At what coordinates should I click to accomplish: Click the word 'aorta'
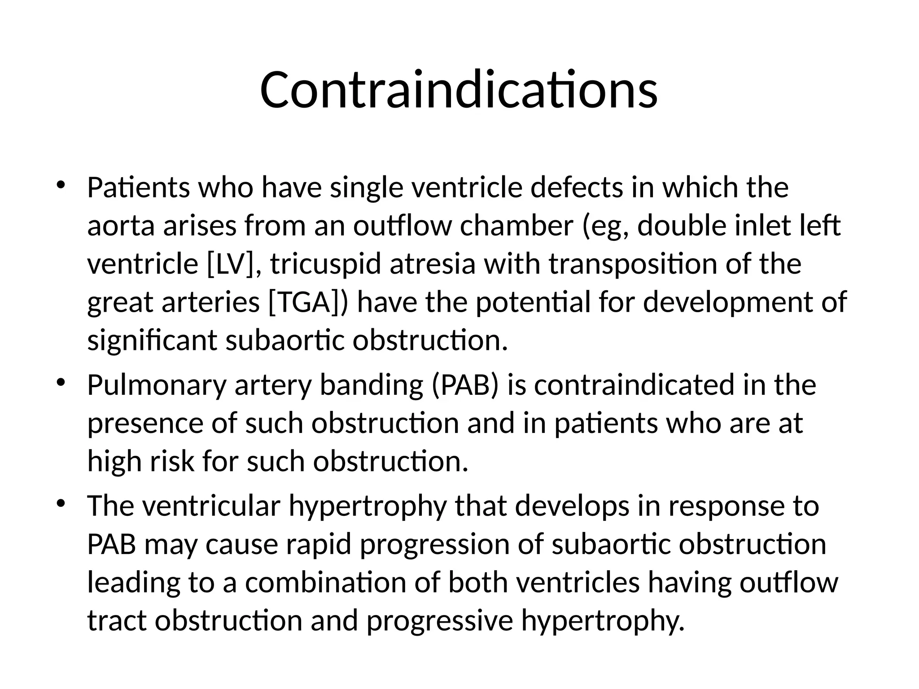coord(121,226)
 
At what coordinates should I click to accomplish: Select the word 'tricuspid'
coord(326,265)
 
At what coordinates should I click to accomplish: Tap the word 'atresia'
coord(432,264)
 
